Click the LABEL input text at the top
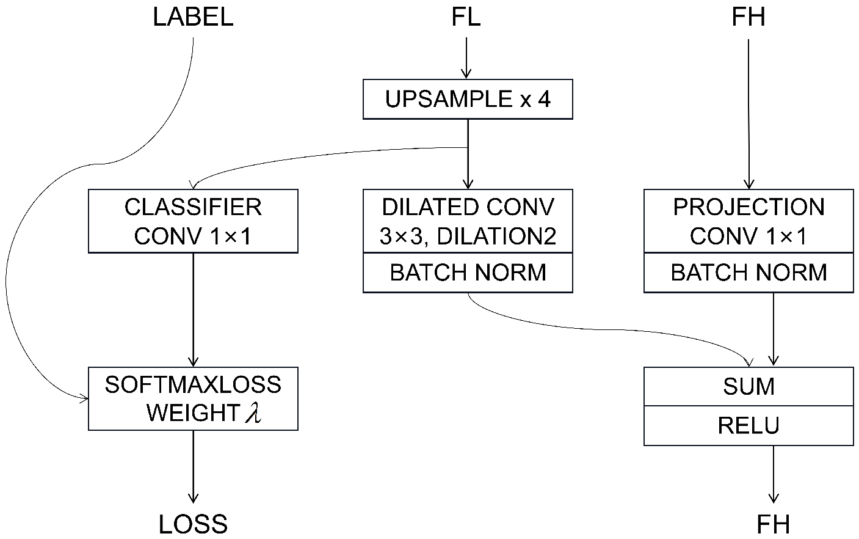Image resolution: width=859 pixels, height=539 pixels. click(193, 17)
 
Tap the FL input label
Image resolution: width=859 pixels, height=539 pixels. click(466, 17)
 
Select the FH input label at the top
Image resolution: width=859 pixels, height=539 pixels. click(748, 17)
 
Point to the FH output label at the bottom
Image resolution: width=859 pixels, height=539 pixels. click(773, 524)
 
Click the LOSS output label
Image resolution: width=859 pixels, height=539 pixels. click(193, 524)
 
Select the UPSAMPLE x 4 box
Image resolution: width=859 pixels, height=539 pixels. click(468, 99)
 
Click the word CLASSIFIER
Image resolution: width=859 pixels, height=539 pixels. click(193, 207)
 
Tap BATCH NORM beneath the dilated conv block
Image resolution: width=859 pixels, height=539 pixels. click(468, 273)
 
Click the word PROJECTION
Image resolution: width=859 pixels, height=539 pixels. click(748, 207)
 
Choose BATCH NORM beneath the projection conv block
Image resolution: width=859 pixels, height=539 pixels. click(748, 273)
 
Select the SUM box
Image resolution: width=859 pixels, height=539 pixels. click(748, 386)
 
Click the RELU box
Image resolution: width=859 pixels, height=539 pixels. click(748, 425)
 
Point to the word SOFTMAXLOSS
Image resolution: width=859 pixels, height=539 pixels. click(193, 385)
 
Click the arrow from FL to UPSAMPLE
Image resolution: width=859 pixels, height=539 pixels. click(466, 58)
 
